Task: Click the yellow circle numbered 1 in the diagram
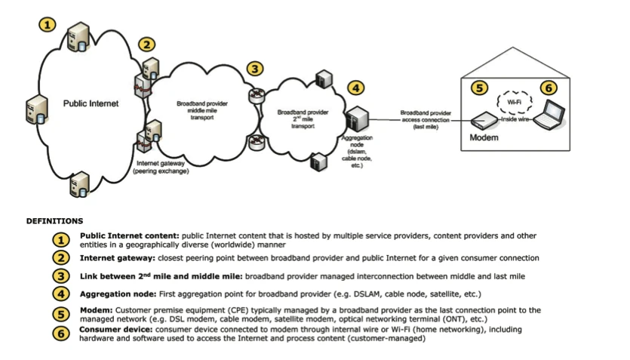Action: tap(48, 23)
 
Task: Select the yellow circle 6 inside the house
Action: tap(549, 88)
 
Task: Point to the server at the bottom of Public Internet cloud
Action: tap(79, 183)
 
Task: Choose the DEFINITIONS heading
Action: tap(54, 221)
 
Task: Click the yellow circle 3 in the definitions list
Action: tap(60, 276)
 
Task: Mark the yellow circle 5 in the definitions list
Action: tap(60, 314)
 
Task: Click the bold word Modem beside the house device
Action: tap(484, 138)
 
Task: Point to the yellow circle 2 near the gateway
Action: tap(147, 45)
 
